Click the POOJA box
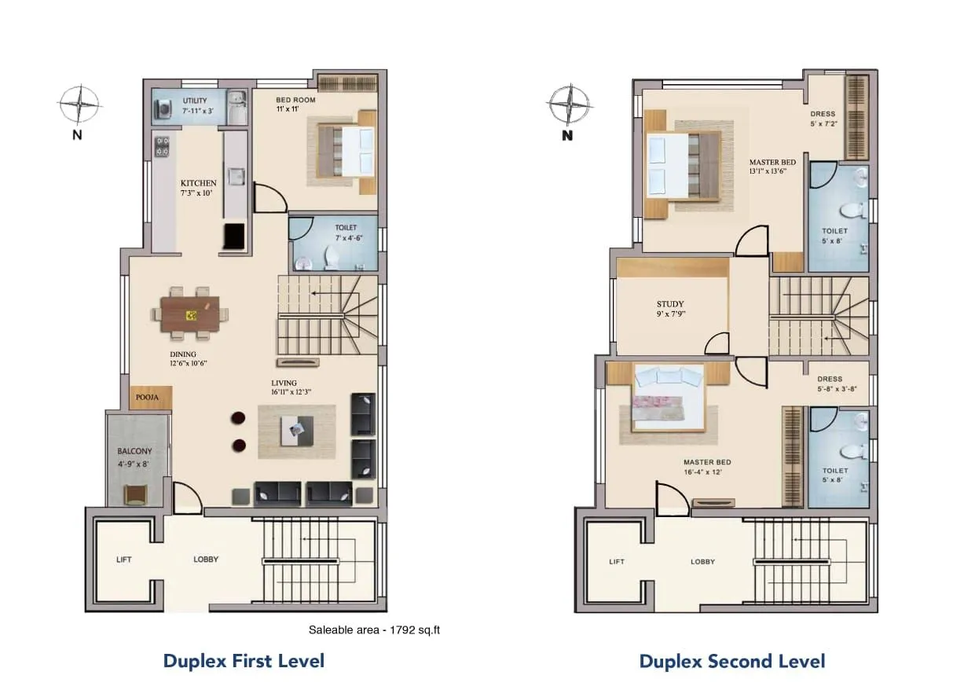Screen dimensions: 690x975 tap(147, 398)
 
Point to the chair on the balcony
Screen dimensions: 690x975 tap(135, 494)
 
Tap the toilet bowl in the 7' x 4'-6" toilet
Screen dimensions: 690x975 tap(332, 256)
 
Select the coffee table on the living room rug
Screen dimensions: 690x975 tap(297, 427)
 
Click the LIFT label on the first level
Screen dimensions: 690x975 tap(123, 560)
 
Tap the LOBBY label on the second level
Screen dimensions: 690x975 tap(702, 562)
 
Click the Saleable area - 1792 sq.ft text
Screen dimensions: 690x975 tap(374, 629)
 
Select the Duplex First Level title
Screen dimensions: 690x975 tap(244, 660)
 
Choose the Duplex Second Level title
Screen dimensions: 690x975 tap(731, 661)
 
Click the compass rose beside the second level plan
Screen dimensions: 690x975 tap(569, 105)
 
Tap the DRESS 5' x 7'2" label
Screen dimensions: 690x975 tap(823, 119)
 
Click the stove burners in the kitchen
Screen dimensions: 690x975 tap(163, 146)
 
